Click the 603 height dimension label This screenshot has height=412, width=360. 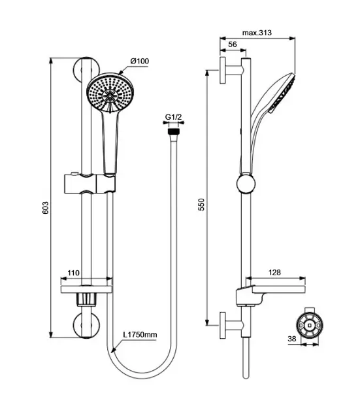pos(45,207)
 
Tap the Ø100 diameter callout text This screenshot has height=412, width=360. pos(140,61)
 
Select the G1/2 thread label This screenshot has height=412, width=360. pos(173,117)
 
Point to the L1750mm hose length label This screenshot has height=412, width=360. pos(140,334)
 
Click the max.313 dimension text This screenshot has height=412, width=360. pos(257,33)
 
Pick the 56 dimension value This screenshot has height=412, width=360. pos(233,44)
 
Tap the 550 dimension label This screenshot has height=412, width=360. pos(201,205)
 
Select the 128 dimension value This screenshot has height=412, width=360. pos(274,272)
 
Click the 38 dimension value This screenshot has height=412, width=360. pos(292,339)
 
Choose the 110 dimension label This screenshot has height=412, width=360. pos(73,273)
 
